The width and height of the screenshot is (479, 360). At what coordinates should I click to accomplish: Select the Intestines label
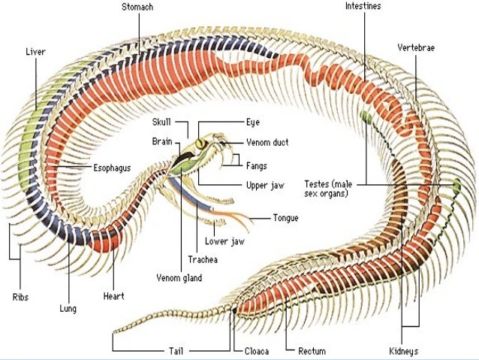point(363,6)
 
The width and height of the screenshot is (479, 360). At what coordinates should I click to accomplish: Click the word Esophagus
point(113,168)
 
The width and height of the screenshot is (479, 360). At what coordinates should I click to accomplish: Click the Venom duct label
point(269,142)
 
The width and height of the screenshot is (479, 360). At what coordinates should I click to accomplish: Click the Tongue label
point(285,219)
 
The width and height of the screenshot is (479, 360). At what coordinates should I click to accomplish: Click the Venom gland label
point(179,277)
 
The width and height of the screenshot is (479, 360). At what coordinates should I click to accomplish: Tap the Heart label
point(113,296)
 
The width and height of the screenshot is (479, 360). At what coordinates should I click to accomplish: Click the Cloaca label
point(257,350)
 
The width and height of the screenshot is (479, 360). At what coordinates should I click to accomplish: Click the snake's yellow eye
point(200,143)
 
